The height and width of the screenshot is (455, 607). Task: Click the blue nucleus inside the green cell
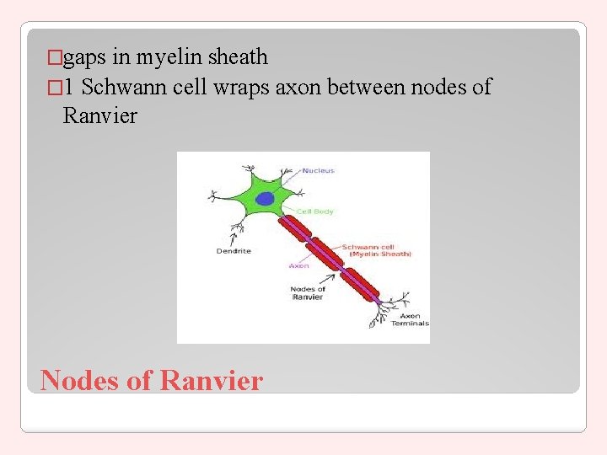click(x=265, y=199)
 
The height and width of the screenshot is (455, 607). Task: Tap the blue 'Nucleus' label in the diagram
click(x=318, y=170)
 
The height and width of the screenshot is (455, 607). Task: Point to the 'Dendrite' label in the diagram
click(x=234, y=251)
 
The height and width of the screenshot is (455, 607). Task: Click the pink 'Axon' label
click(x=298, y=265)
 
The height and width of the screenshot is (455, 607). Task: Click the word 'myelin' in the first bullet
click(x=172, y=57)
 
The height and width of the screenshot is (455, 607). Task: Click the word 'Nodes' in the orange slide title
click(x=79, y=380)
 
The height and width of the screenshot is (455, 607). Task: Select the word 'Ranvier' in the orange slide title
click(x=211, y=380)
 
